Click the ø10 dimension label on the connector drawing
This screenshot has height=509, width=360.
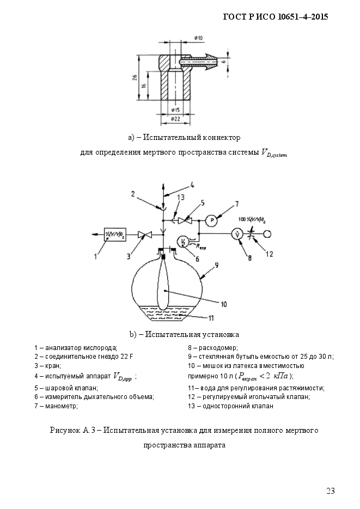pos(198,38)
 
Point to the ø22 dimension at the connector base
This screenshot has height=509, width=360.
pos(175,118)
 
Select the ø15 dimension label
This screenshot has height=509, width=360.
pos(175,109)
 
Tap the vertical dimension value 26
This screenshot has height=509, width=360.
pos(135,78)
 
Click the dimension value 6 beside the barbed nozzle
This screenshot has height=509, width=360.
pos(223,62)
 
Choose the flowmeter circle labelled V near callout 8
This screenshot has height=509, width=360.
pos(236,234)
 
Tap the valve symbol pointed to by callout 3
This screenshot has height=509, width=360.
pos(145,234)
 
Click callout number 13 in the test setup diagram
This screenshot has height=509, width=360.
pos(180,197)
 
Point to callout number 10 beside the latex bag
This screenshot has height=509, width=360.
pos(223,304)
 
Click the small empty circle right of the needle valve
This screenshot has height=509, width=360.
pos(268,234)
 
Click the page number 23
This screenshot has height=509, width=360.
pos(331,491)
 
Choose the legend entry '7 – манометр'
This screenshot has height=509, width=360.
pos(56,406)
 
